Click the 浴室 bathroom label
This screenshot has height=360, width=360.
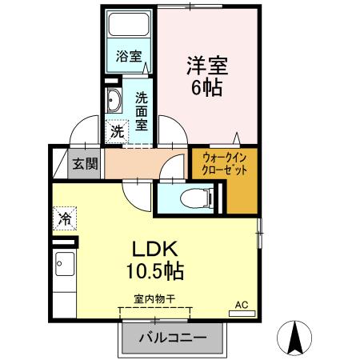point(129,57)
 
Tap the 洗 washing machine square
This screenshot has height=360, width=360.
point(117,130)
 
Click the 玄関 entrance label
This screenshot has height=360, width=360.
point(85,164)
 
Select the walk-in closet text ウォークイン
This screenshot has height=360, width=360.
point(225,158)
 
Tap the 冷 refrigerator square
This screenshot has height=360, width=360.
point(65,216)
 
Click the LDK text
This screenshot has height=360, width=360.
point(154,248)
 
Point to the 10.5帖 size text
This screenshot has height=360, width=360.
point(154,271)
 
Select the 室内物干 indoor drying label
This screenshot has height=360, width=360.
point(155,299)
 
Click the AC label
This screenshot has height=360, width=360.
point(242,305)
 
